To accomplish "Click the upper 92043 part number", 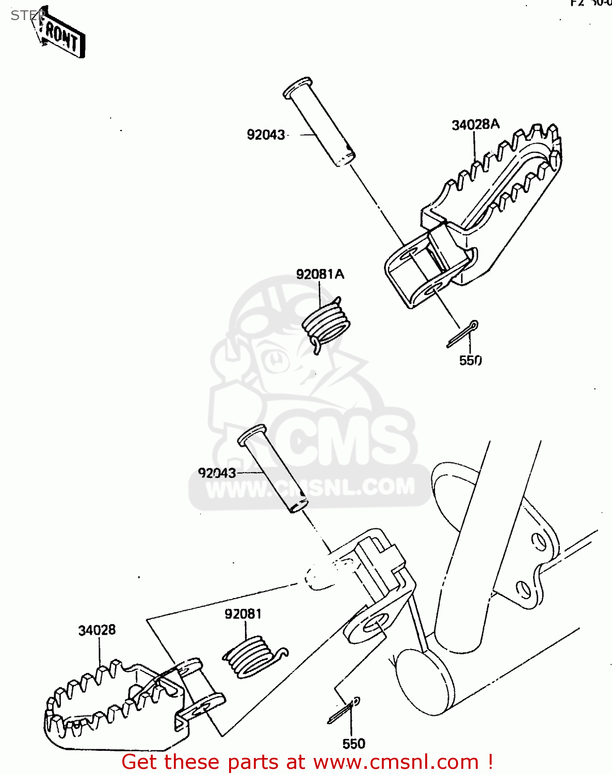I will click(266, 135).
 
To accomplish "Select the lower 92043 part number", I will click(217, 473).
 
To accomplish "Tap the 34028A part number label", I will click(475, 125).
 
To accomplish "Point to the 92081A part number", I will click(320, 274).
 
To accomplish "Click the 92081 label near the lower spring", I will click(243, 614).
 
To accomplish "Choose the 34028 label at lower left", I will click(97, 630).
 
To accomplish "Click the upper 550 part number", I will click(470, 361).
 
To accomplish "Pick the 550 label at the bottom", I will click(353, 744).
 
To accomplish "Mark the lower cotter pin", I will click(344, 711).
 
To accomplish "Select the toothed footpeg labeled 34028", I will click(114, 702).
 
